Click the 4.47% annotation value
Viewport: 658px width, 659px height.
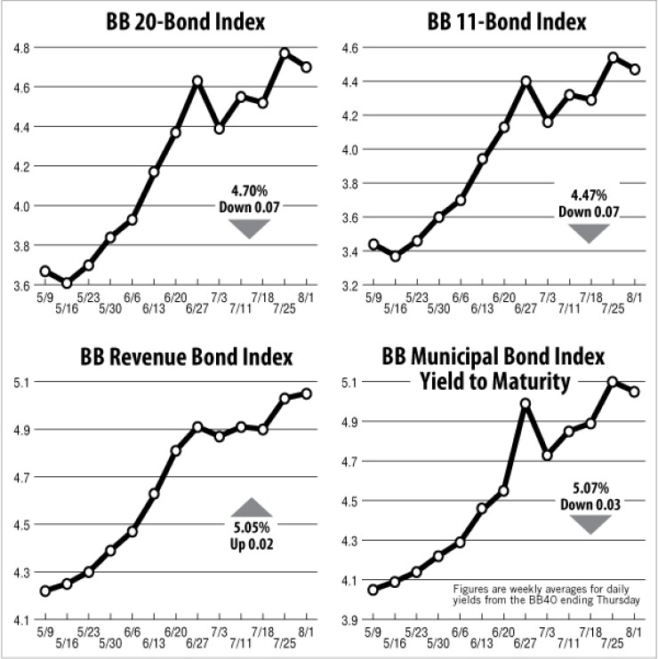coord(589,195)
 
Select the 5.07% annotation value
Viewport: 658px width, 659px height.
coord(590,488)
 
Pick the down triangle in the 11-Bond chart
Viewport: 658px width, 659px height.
coord(589,233)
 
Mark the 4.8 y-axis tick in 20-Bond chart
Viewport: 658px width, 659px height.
coord(19,48)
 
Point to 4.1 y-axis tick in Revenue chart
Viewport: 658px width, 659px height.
coord(19,619)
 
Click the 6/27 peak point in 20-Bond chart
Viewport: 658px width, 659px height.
coord(197,81)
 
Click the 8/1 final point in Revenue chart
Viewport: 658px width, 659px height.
coord(307,393)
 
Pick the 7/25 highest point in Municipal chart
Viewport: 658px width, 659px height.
coord(613,381)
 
